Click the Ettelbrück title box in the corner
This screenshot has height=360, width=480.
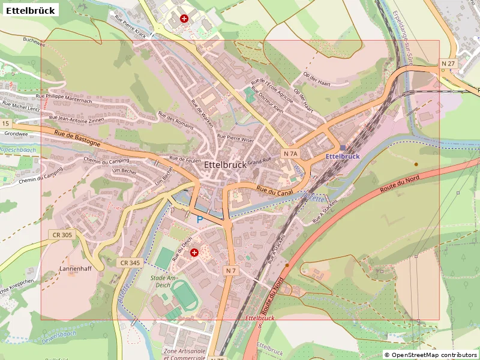click(x=31, y=10)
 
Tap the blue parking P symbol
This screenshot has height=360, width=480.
click(x=200, y=220)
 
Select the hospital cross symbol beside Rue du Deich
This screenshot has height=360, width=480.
click(x=194, y=253)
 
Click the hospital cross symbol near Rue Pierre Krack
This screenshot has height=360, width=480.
click(x=184, y=19)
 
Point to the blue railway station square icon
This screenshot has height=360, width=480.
click(x=343, y=148)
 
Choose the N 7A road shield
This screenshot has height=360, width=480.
click(x=290, y=154)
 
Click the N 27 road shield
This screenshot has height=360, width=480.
click(x=448, y=63)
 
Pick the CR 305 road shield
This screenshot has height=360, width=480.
click(x=62, y=235)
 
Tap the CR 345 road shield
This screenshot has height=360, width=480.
click(x=130, y=263)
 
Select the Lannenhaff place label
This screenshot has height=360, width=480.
click(x=76, y=268)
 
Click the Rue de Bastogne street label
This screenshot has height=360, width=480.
click(x=77, y=139)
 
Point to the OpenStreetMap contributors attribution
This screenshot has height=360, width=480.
click(x=430, y=355)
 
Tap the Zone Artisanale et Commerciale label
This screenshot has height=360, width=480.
click(x=185, y=354)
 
